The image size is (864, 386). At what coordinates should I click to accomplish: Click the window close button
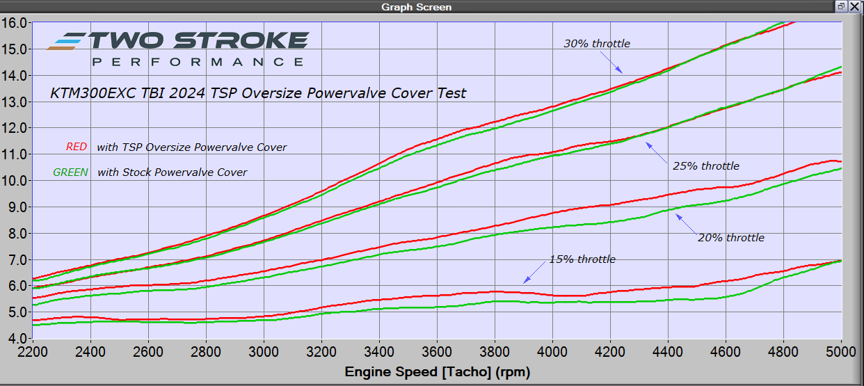point(854,6)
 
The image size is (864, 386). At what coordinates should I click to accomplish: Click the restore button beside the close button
point(841,6)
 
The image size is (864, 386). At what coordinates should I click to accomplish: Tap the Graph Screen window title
point(416,7)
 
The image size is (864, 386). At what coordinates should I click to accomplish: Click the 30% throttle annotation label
point(596,44)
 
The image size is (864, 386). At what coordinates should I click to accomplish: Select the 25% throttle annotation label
point(705,166)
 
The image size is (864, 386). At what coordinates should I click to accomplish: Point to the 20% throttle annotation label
point(730,238)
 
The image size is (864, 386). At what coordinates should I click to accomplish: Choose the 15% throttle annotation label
point(582,259)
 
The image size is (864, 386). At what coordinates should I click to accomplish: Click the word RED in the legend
point(76,147)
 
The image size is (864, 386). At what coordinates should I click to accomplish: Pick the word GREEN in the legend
point(71,172)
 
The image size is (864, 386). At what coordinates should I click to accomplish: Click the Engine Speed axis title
point(437,372)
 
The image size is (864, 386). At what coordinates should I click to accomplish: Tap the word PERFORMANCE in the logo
point(198,62)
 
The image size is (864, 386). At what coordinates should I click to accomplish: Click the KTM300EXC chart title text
point(258,93)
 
